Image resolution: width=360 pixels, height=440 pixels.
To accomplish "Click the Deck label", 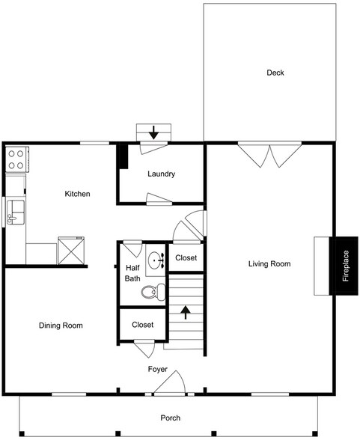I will (275, 73).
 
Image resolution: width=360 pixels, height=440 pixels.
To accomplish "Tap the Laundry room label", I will (161, 174).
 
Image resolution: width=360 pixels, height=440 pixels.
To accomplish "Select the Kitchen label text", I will (77, 194).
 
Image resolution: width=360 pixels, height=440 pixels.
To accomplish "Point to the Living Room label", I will (269, 263).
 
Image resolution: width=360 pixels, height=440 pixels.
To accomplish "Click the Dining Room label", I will (61, 326).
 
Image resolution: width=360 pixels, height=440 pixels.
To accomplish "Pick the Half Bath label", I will (132, 273).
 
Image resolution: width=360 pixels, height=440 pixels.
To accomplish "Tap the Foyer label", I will (157, 370).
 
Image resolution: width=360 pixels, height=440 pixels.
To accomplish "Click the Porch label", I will (171, 418).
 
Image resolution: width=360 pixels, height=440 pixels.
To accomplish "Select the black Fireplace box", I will (346, 266).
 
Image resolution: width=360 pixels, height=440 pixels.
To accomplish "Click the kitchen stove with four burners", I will (16, 158).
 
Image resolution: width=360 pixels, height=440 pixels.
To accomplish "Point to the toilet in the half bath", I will (153, 293).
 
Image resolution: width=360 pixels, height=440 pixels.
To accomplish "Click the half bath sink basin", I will (155, 261).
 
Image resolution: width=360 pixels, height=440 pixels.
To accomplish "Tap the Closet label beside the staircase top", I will (186, 258).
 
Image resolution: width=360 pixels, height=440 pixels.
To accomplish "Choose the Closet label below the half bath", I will (142, 325).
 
